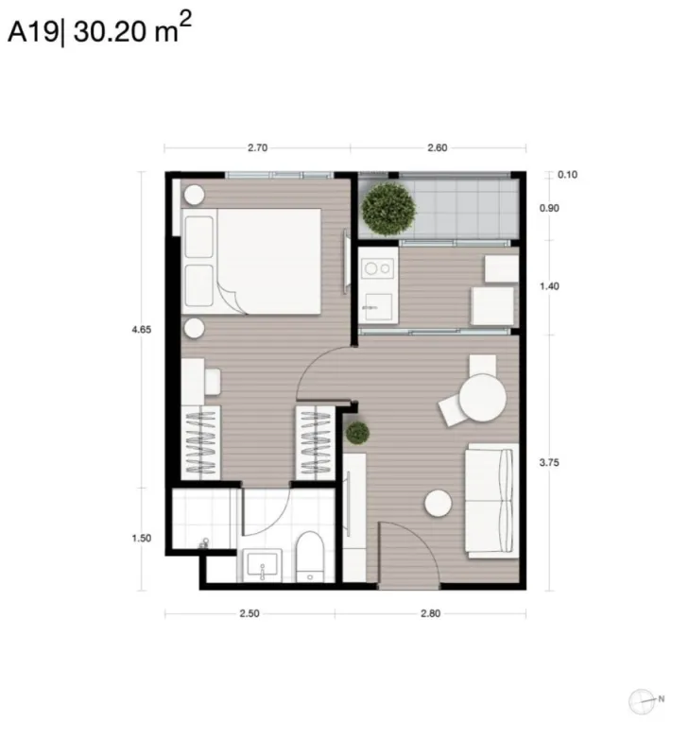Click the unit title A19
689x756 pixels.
click(33, 33)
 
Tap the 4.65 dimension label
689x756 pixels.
click(141, 330)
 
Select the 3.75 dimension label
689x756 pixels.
click(549, 463)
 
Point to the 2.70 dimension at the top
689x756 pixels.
click(257, 147)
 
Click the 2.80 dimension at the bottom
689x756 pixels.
click(431, 613)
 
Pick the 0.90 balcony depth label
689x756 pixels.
click(549, 208)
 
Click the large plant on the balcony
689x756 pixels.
click(388, 209)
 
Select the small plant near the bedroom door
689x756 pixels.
click(358, 433)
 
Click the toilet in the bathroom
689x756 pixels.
click(309, 557)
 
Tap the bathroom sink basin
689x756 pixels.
click(261, 564)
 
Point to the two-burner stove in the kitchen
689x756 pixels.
click(378, 268)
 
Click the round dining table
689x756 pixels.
click(482, 398)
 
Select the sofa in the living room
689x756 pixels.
click(491, 501)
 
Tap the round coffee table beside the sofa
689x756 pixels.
click(438, 504)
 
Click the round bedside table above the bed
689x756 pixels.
click(195, 195)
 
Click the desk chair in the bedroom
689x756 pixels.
click(213, 382)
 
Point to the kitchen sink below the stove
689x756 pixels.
click(378, 306)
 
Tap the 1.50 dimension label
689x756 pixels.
click(141, 538)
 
